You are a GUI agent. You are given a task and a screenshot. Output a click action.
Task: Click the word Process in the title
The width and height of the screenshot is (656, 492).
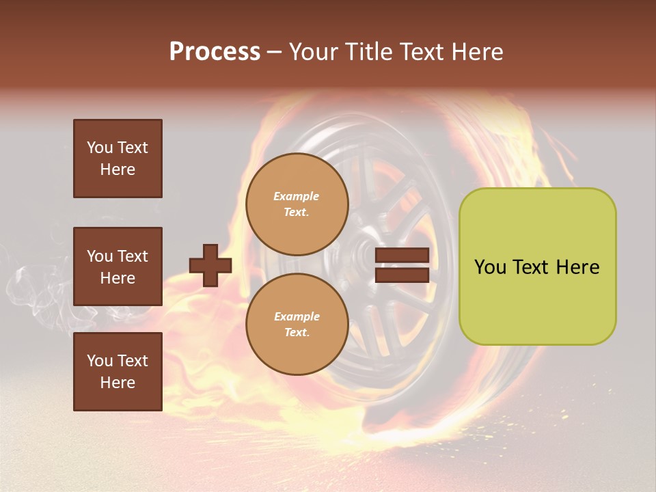pyautogui.click(x=215, y=52)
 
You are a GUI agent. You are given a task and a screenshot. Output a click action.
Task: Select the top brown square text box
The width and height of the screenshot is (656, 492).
pyautogui.click(x=118, y=159)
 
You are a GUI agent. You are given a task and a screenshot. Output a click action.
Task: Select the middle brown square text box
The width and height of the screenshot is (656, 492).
pyautogui.click(x=118, y=266)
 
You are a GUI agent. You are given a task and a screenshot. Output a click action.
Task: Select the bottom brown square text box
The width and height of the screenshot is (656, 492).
pyautogui.click(x=118, y=372)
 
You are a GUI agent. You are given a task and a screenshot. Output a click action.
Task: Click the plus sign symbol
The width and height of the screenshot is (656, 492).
pyautogui.click(x=210, y=266)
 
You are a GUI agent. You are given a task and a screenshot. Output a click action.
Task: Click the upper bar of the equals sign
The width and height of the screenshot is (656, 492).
pyautogui.click(x=402, y=255)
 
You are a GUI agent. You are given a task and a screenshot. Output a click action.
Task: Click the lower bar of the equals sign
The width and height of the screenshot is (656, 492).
pyautogui.click(x=402, y=275)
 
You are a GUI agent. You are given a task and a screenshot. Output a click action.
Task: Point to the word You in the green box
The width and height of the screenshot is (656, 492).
pyautogui.click(x=490, y=267)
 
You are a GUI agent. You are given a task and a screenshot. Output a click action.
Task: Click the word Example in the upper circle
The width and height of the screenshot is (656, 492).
pyautogui.click(x=297, y=196)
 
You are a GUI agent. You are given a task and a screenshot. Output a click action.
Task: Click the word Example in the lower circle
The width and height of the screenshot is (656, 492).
pyautogui.click(x=297, y=316)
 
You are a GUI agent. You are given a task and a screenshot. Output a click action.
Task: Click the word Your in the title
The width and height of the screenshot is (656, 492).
pyautogui.click(x=312, y=52)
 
